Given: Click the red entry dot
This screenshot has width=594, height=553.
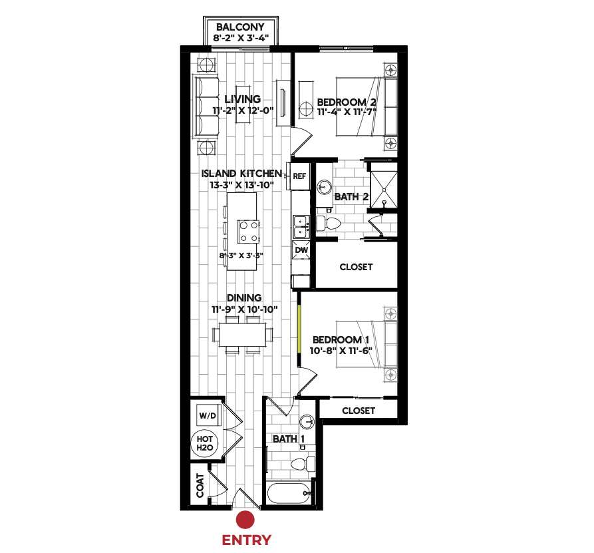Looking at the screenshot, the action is (x=245, y=520).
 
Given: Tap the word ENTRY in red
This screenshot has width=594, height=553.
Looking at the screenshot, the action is (x=247, y=540).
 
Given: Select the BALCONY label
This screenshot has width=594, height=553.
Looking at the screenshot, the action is (x=240, y=27).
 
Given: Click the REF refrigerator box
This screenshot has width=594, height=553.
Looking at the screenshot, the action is (x=299, y=176).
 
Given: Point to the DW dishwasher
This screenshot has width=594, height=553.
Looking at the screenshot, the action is (x=301, y=250).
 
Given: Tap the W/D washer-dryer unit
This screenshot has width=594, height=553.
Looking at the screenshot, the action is (x=208, y=416).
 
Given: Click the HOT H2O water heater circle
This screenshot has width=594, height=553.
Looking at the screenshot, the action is (x=205, y=443).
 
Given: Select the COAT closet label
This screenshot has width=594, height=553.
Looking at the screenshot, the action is (x=200, y=486).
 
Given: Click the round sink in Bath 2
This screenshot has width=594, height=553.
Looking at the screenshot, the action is (x=324, y=187).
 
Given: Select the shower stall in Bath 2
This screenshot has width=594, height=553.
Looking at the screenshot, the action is (x=384, y=190).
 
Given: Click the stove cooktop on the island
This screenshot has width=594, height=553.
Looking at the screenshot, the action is (x=249, y=232).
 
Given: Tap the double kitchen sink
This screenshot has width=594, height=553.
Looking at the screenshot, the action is (x=301, y=227).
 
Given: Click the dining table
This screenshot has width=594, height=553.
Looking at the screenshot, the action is (x=242, y=335).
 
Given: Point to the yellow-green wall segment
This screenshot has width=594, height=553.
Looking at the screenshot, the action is (x=299, y=328).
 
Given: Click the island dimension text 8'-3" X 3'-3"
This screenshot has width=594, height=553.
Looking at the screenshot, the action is (x=241, y=256).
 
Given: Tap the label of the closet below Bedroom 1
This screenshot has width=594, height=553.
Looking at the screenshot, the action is (x=359, y=411).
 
